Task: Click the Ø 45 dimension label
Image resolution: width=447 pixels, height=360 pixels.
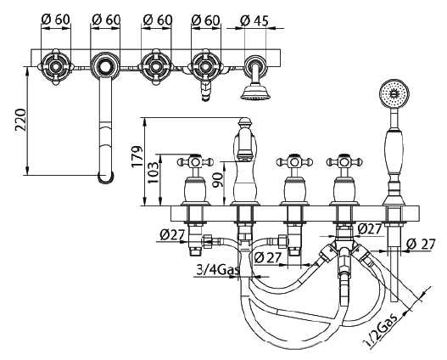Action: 254,20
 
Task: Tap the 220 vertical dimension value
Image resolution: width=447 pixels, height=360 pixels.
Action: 21,119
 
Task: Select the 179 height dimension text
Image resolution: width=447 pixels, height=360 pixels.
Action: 137,156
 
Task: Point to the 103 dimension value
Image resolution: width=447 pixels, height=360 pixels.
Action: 153,172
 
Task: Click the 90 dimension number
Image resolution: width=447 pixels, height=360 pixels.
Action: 218,180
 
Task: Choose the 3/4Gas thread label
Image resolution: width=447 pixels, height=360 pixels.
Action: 218,269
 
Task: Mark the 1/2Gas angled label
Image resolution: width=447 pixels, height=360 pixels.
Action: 381,329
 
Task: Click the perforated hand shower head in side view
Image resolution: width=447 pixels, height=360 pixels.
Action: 394,93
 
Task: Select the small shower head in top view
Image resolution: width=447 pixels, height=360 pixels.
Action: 255,92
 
